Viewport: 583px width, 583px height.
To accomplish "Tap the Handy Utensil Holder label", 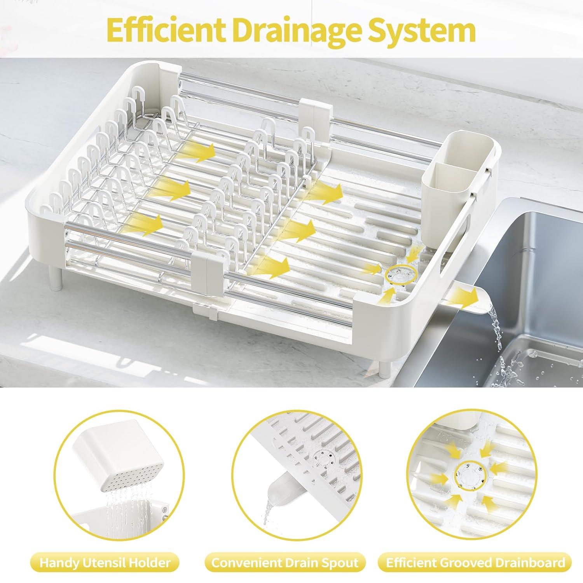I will [105, 562].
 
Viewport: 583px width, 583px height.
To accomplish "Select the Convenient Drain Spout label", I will [285, 562].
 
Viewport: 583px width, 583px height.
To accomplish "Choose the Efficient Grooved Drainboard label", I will [475, 562].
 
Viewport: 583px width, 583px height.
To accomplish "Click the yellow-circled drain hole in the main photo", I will [399, 274].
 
